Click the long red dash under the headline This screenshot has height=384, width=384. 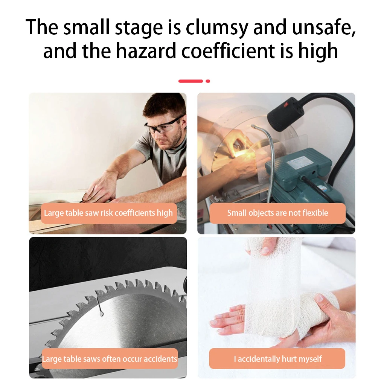(190, 81)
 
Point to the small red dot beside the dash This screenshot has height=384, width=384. (208, 81)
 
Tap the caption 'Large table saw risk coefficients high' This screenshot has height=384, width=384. (108, 213)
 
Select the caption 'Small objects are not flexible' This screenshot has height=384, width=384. (277, 213)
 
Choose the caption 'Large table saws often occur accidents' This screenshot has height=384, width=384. (109, 359)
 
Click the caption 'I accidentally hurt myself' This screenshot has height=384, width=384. (277, 359)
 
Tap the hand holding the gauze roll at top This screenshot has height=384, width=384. (264, 247)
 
